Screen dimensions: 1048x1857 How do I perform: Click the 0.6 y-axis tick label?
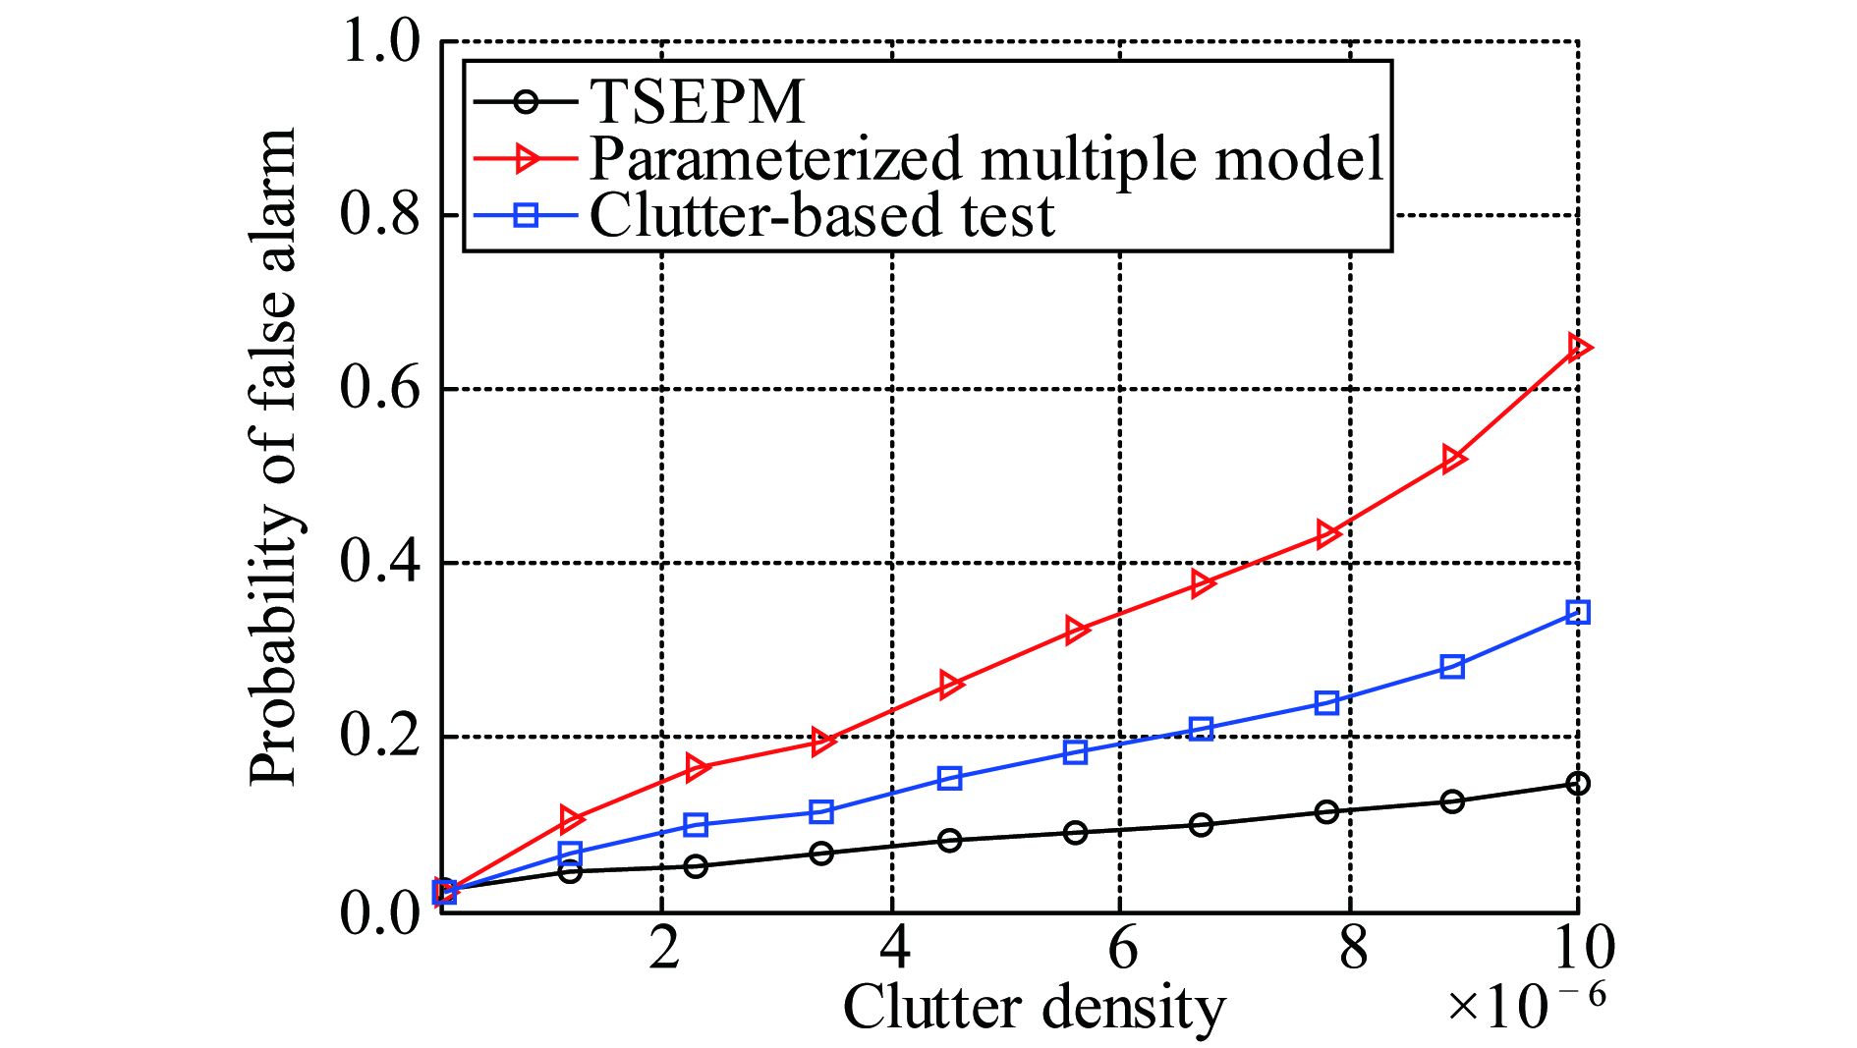pyautogui.click(x=379, y=388)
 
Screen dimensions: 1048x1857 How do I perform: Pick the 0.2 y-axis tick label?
pyautogui.click(x=379, y=736)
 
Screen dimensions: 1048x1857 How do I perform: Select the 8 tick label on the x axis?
pyautogui.click(x=1353, y=949)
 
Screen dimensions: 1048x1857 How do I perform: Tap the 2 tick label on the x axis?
pyautogui.click(x=664, y=949)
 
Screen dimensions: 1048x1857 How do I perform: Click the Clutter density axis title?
pyautogui.click(x=1034, y=1008)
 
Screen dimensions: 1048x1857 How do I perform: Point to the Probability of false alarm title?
pyautogui.click(x=272, y=457)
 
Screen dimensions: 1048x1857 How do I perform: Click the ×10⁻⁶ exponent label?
pyautogui.click(x=1526, y=1004)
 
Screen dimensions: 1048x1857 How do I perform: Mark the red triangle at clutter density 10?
pyautogui.click(x=1578, y=348)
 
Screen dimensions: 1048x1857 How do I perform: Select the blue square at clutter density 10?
pyautogui.click(x=1578, y=613)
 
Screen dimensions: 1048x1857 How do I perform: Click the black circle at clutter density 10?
pyautogui.click(x=1578, y=784)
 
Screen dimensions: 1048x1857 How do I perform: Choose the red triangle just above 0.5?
pyautogui.click(x=1453, y=459)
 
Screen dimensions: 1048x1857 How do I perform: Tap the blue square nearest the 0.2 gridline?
pyautogui.click(x=1201, y=729)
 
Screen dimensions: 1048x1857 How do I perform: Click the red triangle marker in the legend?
pyautogui.click(x=527, y=158)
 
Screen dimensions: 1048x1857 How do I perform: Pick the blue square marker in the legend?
pyautogui.click(x=527, y=215)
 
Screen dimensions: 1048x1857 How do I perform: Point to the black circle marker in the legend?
pyautogui.click(x=527, y=101)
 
